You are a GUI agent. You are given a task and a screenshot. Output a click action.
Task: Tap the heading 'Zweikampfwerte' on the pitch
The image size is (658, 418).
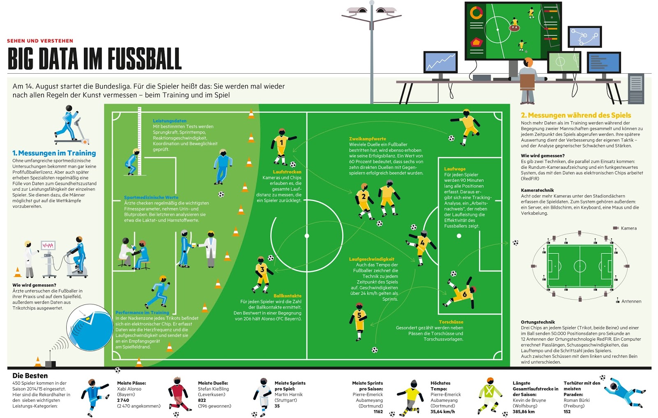pos(368,139)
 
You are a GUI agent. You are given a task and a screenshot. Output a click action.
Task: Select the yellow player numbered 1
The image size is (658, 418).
pos(282,145)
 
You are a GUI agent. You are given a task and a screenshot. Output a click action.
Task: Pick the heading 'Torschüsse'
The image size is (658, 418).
pos(451,322)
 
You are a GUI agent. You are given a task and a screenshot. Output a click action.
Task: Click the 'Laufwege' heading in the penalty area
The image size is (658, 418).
pos(455,169)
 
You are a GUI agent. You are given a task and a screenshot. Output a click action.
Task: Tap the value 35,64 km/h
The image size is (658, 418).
pos(443,411)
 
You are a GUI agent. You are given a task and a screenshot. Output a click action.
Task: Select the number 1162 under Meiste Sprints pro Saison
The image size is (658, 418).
pos(378,411)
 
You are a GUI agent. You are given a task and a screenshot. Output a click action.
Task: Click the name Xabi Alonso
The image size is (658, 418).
pos(129,389)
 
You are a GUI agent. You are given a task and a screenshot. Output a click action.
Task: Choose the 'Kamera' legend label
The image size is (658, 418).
pos(628,228)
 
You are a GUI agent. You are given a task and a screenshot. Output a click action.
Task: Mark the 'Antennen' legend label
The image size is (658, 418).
pos(631,302)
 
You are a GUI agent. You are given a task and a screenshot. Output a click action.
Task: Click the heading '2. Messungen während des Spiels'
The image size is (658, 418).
pos(576,116)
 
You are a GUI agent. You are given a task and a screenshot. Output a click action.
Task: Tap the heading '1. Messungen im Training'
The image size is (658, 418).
pos(54,153)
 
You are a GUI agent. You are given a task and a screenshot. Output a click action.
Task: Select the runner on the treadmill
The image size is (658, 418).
pos(69,123)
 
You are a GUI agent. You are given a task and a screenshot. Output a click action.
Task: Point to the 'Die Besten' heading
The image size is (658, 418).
pos(30,376)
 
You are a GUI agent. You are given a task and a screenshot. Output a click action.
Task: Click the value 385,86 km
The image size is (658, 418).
pos(524,411)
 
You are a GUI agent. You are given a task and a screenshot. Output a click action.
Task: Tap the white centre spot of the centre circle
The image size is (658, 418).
pos(307,236)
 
